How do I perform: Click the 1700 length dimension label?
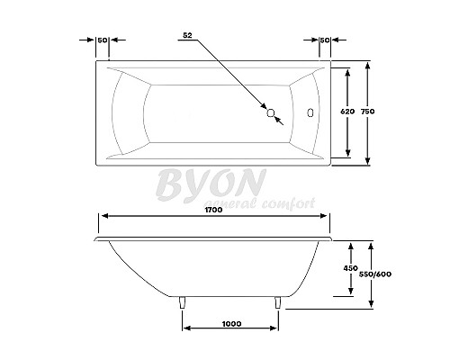coord(213,210)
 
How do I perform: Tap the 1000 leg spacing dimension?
coord(231,324)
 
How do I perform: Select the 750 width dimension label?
coord(367,112)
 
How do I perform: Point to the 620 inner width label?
coord(347,112)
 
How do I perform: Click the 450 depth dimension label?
coord(351,268)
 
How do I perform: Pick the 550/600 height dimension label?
coord(375,274)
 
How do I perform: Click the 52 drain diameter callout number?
coord(187,35)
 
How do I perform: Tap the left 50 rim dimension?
coord(103,40)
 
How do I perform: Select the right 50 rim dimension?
coord(325,40)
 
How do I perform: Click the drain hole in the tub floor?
coord(271,112)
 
